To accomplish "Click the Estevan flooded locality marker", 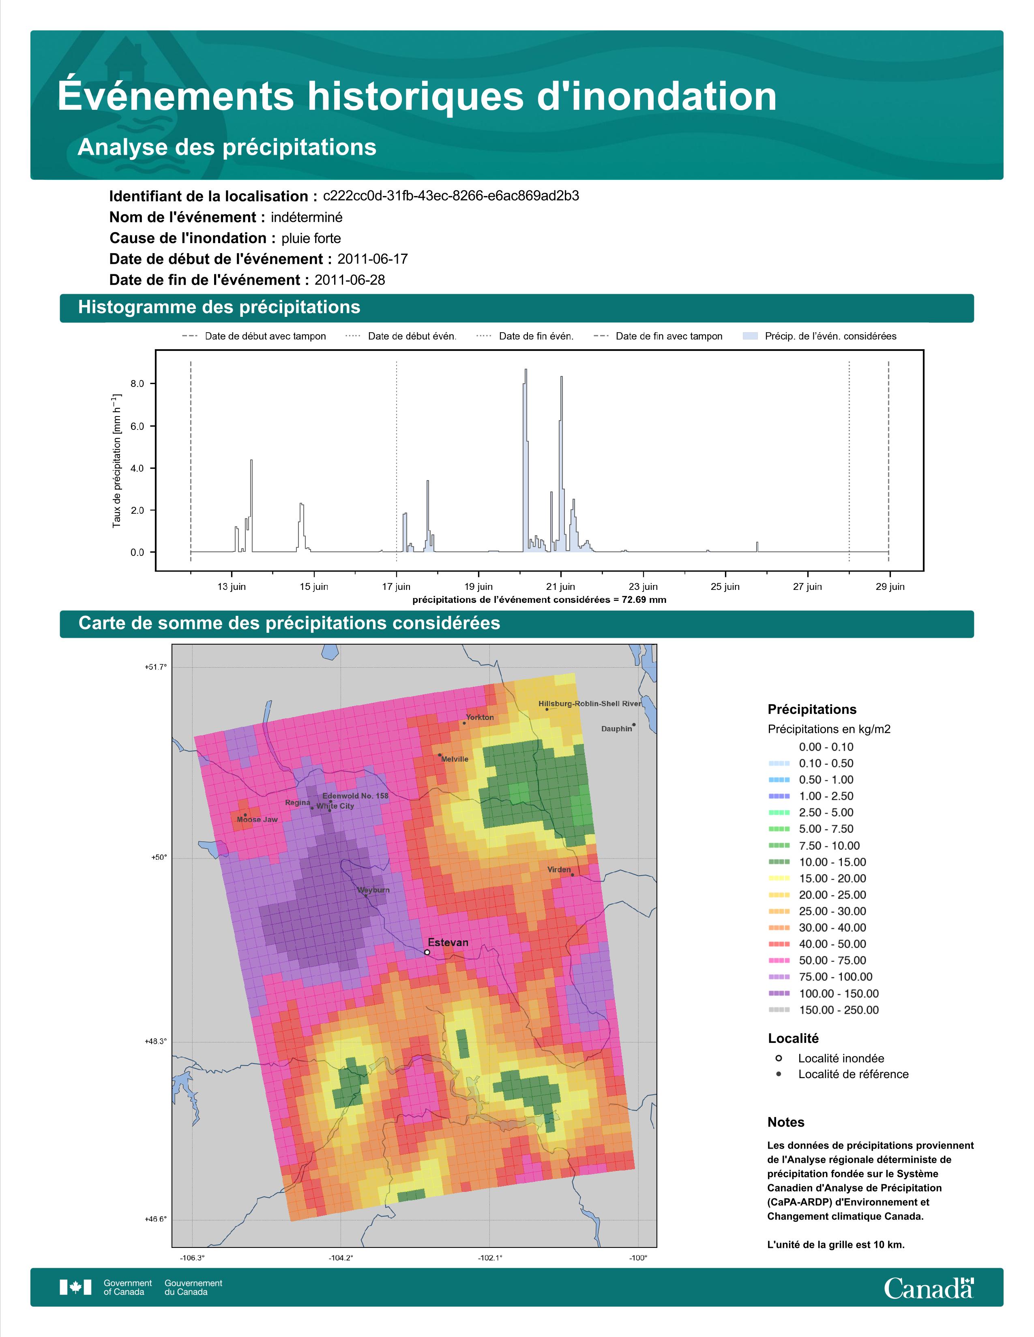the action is click(427, 952).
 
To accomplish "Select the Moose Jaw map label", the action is click(257, 819).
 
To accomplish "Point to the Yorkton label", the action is click(480, 717).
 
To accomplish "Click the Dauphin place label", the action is click(616, 728).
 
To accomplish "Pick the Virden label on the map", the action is click(559, 869).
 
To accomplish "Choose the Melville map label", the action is click(455, 759).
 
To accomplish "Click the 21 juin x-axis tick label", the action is click(560, 587).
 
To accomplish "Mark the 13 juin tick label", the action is click(232, 587).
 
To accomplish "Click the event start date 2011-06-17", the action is click(372, 259).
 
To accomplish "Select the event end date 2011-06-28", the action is click(350, 280).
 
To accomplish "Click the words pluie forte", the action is click(311, 238).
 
